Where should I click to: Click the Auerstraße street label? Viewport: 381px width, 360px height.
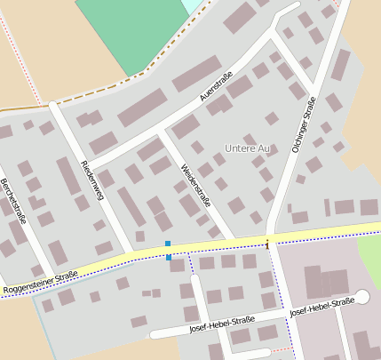click(x=217, y=89)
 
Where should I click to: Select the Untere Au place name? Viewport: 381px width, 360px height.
click(x=247, y=148)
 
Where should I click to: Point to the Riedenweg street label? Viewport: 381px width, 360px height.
click(x=92, y=180)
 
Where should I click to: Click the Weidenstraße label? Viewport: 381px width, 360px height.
click(x=195, y=185)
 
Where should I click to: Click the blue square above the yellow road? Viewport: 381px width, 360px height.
click(x=167, y=244)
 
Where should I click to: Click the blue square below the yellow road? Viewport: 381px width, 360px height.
click(x=169, y=258)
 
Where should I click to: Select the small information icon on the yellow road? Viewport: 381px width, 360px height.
click(x=267, y=242)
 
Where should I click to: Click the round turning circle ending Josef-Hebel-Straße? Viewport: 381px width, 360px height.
click(x=361, y=297)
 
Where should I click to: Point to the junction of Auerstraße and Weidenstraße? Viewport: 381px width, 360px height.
click(x=160, y=133)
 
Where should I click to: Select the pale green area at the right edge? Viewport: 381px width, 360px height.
click(x=371, y=258)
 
